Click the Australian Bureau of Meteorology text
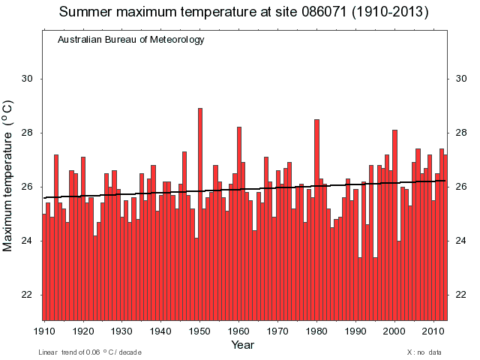(130, 40)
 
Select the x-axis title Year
(242, 345)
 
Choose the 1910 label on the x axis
(45, 331)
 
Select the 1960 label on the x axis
(239, 331)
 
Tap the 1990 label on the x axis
(355, 331)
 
